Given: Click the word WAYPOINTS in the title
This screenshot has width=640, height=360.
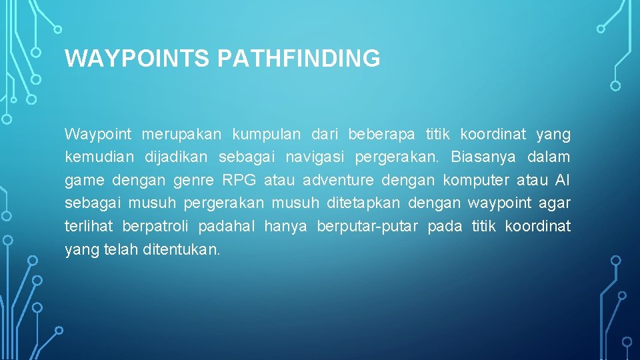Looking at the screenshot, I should tap(138, 59).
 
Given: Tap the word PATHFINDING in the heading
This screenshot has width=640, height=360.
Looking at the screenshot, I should tap(299, 59).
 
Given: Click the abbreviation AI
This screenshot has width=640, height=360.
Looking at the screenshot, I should tap(563, 181).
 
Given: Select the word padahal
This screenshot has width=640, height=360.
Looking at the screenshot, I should tap(227, 227).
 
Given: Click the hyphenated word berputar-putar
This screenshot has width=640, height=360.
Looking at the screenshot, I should tap(368, 227).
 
